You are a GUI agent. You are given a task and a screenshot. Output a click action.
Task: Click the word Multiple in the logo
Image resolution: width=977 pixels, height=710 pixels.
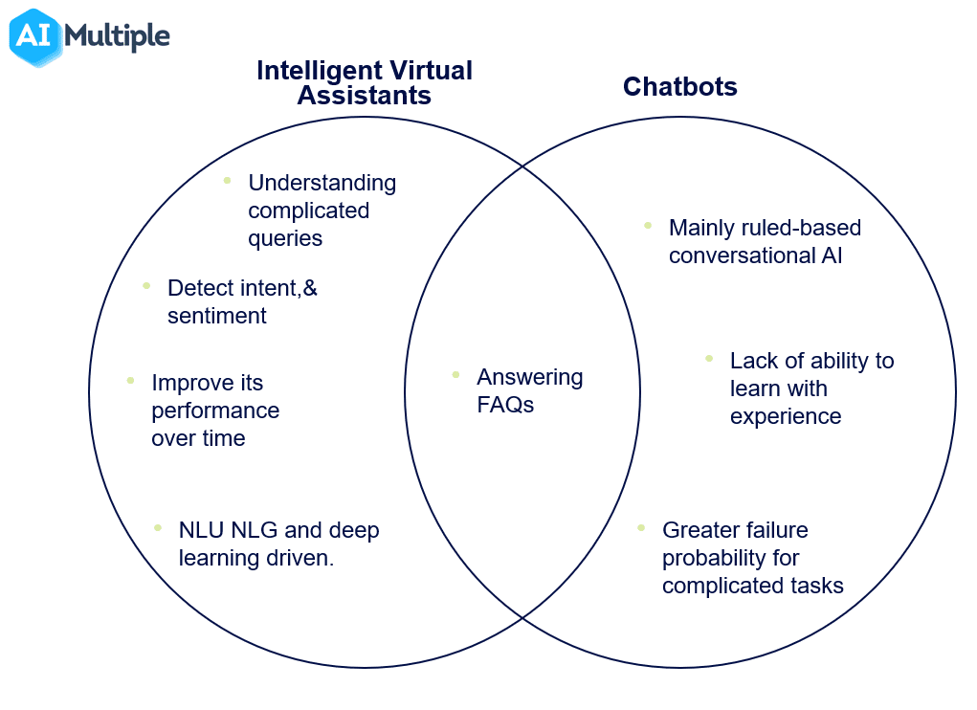117,36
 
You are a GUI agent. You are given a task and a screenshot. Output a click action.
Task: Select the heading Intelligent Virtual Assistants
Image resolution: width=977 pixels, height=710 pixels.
364,82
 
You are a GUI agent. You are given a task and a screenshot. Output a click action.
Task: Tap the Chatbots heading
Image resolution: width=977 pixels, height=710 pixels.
679,87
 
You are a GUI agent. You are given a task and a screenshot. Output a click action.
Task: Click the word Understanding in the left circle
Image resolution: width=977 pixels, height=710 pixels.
322,183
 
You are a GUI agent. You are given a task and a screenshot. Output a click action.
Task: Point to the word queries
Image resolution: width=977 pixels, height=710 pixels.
285,238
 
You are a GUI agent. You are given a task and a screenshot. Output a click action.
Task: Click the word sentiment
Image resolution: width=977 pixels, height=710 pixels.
216,316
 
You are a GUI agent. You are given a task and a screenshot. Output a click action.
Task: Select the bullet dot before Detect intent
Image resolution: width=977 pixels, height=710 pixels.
146,285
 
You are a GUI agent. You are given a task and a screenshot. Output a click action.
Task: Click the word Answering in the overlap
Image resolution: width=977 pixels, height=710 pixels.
529,377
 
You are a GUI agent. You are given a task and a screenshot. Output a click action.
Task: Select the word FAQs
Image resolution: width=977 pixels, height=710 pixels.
505,405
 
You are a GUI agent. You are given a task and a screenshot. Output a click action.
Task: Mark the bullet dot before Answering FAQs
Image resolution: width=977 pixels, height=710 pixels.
455,374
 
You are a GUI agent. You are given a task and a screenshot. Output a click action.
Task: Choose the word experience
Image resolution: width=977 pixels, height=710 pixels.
785,416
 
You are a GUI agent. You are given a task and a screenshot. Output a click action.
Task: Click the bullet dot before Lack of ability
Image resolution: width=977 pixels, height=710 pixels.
709,358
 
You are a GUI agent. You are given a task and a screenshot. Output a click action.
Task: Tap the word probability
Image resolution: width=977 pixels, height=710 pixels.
717,558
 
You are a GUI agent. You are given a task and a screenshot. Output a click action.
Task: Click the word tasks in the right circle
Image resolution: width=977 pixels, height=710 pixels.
816,586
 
